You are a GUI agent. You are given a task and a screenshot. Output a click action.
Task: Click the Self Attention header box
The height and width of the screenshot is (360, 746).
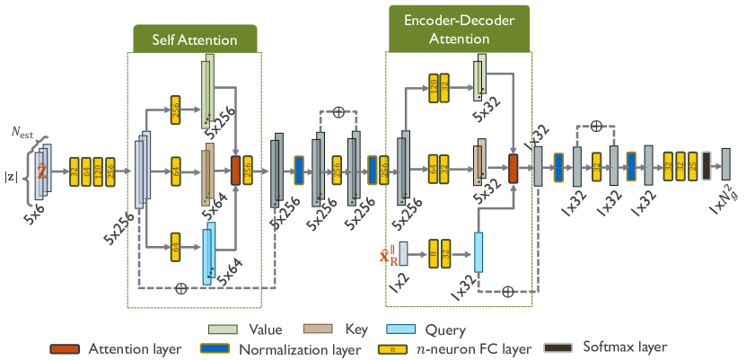coord(194,40)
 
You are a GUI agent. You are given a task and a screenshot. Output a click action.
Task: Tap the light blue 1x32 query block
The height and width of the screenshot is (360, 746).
coord(478,252)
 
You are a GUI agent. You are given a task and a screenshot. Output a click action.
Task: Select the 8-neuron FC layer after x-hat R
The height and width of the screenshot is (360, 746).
coord(434,253)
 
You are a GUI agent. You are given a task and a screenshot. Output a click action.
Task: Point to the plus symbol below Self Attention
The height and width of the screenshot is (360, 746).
coord(181,289)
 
